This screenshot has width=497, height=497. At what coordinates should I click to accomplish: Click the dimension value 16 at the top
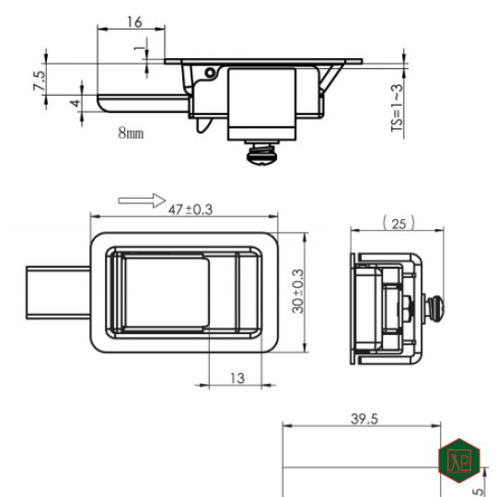pos(134,20)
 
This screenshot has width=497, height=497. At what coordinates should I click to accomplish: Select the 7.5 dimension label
pos(39,80)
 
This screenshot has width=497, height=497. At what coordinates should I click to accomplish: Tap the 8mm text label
pos(131,133)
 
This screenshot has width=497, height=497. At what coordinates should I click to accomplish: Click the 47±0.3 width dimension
pos(191,210)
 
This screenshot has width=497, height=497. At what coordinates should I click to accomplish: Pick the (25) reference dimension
pos(398,223)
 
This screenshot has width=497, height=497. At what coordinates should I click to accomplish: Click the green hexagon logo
pos(458,457)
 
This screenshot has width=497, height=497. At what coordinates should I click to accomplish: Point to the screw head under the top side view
pos(260,154)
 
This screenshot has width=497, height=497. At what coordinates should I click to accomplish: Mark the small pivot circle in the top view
pos(210,72)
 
